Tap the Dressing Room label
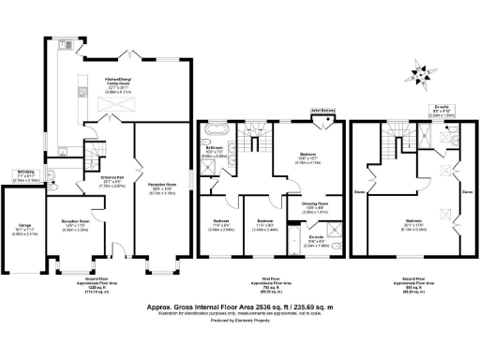tap(314, 204)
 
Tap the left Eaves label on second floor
tap(359, 195)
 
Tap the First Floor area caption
tap(271, 286)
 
